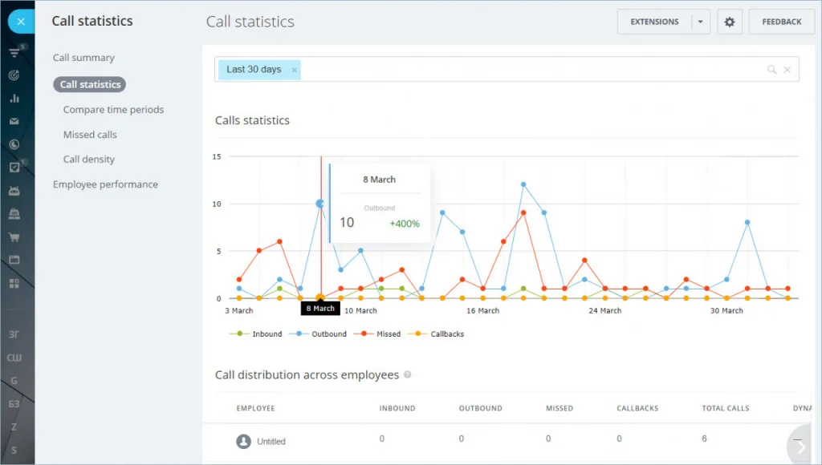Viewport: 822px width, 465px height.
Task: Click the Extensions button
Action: pyautogui.click(x=654, y=22)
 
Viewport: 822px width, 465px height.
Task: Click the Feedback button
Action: pyautogui.click(x=781, y=22)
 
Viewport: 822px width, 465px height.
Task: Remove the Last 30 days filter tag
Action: pyautogui.click(x=295, y=70)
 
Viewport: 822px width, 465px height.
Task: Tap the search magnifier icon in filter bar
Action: pyautogui.click(x=771, y=70)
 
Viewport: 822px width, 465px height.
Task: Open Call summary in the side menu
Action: pyautogui.click(x=83, y=58)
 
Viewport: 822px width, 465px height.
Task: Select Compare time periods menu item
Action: pyautogui.click(x=113, y=110)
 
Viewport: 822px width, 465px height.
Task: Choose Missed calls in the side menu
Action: pyautogui.click(x=90, y=135)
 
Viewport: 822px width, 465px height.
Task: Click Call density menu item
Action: pyautogui.click(x=89, y=160)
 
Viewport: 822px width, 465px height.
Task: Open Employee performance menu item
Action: pyautogui.click(x=105, y=184)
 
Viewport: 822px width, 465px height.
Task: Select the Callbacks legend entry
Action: pyautogui.click(x=446, y=334)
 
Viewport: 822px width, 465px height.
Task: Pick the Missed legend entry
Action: pyautogui.click(x=388, y=334)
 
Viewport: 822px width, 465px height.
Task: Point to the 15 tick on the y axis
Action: pyautogui.click(x=217, y=156)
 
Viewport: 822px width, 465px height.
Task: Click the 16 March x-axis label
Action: pyautogui.click(x=482, y=310)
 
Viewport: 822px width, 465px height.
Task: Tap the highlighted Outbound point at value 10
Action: pyautogui.click(x=320, y=204)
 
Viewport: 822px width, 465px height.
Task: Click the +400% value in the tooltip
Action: pyautogui.click(x=405, y=224)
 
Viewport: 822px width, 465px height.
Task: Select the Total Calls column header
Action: pyautogui.click(x=726, y=408)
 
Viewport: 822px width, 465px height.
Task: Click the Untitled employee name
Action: pyautogui.click(x=271, y=442)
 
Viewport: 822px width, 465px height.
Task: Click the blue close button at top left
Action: pyautogui.click(x=21, y=22)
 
